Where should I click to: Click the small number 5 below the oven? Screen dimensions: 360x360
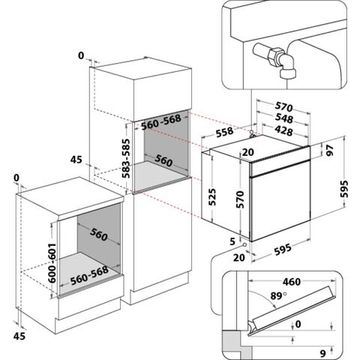click(x=231, y=241)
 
